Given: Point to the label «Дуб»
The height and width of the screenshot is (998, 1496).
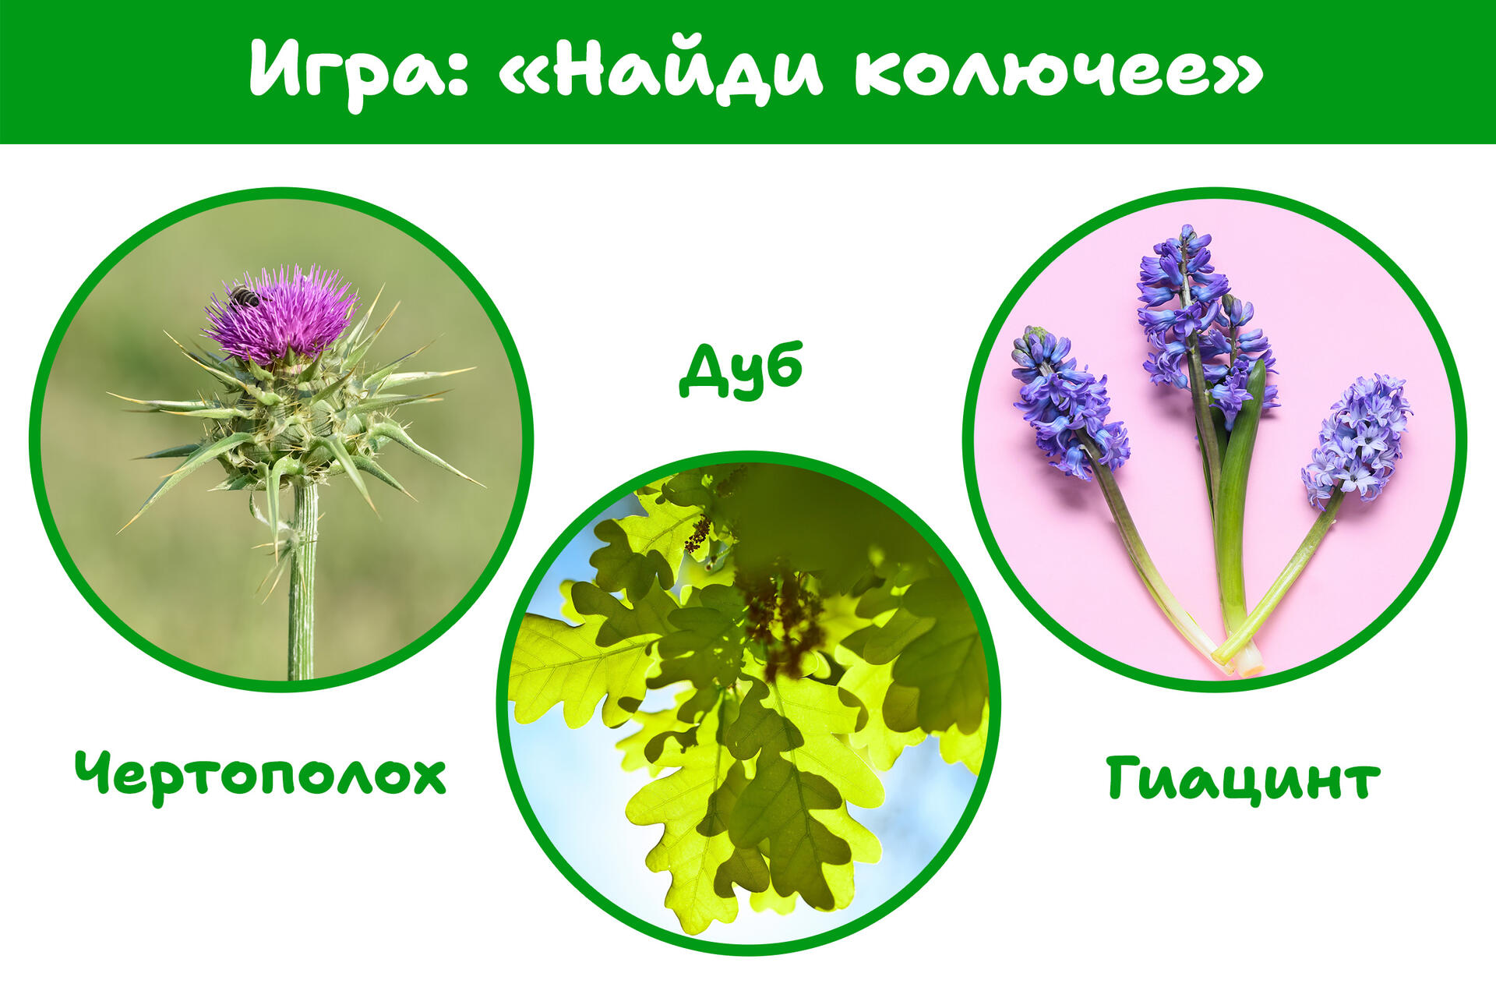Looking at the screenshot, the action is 741,371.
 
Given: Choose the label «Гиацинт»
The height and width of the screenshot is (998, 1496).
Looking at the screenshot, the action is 1243,778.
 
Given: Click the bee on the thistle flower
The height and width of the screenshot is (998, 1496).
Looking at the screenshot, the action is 244,296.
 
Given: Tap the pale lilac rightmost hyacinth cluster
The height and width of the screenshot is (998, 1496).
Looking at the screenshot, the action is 1356,441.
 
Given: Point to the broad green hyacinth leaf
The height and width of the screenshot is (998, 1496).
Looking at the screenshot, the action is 1235,499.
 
